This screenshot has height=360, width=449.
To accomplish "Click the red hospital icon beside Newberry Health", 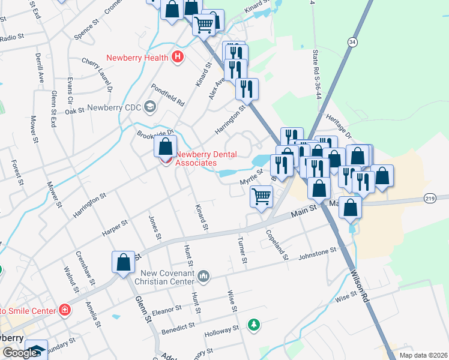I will tap(177, 58).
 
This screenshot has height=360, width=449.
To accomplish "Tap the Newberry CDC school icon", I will tap(149, 107).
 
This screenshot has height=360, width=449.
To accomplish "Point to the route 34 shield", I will tap(352, 41).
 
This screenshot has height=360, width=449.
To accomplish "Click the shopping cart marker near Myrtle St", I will tap(261, 196).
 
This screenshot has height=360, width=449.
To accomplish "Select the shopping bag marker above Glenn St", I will tap(123, 262).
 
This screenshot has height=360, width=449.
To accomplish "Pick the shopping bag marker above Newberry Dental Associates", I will tap(165, 146).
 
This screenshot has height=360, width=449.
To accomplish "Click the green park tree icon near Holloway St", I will tap(255, 325).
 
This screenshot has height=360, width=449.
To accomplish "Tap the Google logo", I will tap(20, 353).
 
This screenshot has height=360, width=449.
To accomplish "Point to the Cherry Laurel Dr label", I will tap(97, 74).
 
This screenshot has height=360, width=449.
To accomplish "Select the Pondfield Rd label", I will tap(167, 95).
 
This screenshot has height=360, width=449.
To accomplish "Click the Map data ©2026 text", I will tap(422, 355).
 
